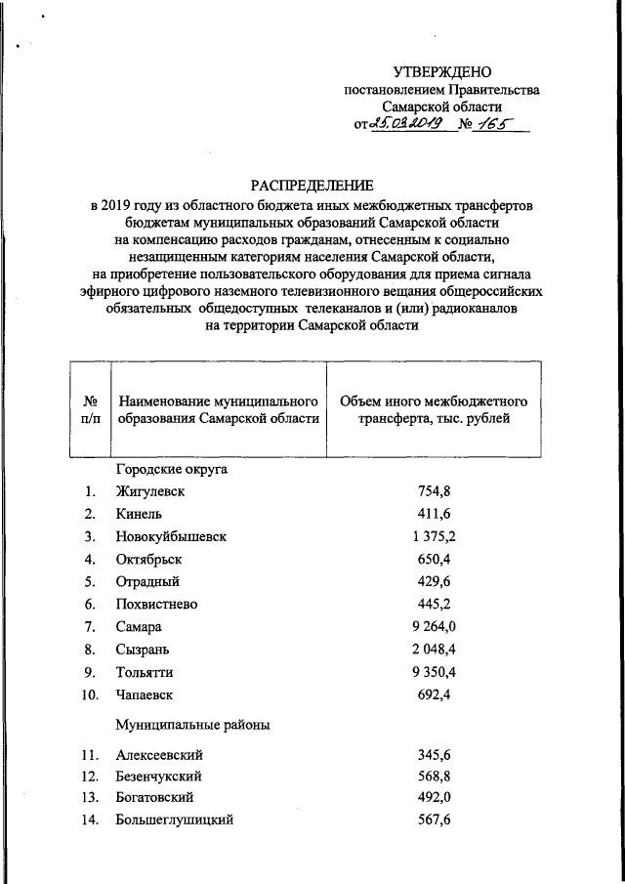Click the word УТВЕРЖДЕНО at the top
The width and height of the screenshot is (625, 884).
442,71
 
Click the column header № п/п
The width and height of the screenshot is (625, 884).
90,410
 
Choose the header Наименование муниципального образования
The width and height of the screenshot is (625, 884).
219,410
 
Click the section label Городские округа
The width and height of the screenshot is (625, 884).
172,469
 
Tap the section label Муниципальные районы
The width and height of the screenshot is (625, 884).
193,724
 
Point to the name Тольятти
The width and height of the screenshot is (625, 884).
148,671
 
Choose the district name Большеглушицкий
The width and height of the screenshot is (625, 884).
174,821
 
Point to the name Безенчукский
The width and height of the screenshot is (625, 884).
158,777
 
